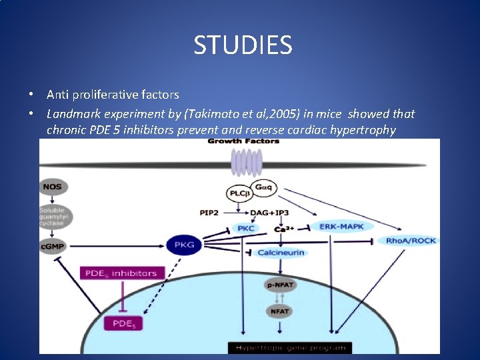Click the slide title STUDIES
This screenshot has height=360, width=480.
pos(243,45)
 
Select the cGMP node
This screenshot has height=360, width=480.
pos(53,247)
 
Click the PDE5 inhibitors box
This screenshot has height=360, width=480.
pos(121,273)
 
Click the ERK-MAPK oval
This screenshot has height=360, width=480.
pos(341,227)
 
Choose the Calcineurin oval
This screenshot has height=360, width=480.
pos(281,253)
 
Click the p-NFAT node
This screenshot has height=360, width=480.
pos(280,285)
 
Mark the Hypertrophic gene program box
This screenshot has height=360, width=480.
pos(288,347)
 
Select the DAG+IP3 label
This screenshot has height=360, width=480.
pos(270,213)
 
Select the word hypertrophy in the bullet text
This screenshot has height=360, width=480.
pos(364,129)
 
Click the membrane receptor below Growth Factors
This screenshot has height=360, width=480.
pos(245,163)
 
